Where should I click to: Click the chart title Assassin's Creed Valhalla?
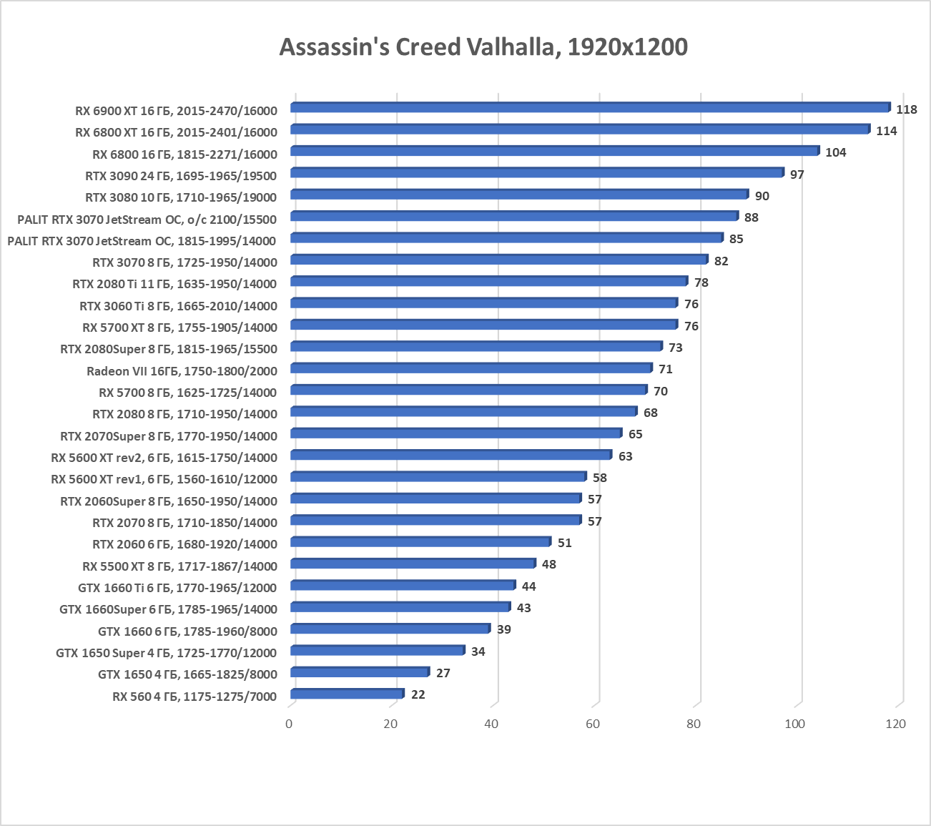coord(483,47)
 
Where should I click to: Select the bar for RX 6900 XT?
coord(590,108)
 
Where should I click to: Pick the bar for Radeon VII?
coord(471,368)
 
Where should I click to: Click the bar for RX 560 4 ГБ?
coord(347,694)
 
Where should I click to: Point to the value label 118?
coord(906,109)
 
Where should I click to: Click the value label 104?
coord(835,152)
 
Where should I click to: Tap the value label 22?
coord(418,694)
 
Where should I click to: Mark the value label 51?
coord(564,543)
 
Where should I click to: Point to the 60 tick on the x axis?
coord(593,724)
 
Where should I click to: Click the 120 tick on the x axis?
coord(895,724)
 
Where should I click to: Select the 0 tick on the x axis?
coord(289,724)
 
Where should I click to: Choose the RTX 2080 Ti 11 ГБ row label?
coord(174,284)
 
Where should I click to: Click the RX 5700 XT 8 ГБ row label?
coord(179,328)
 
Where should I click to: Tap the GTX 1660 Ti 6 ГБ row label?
coord(177,588)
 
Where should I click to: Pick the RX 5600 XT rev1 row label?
coord(164,478)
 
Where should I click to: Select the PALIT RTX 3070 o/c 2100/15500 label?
coord(147,219)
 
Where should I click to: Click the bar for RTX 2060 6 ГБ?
coord(420,542)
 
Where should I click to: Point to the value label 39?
coord(503,629)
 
